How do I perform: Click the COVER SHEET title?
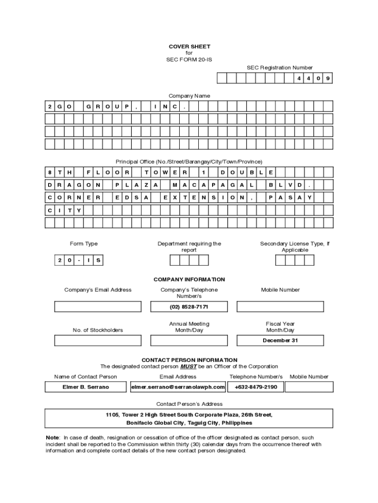[189, 47]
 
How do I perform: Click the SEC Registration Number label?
[279, 67]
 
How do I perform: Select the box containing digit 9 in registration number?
[327, 79]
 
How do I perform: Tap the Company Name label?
[189, 96]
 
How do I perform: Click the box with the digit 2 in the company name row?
[50, 106]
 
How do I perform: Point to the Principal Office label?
[189, 162]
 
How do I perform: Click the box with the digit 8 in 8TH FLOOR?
[50, 172]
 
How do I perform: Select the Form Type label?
[84, 244]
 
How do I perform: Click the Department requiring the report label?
[189, 247]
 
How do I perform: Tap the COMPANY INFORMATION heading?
[189, 279]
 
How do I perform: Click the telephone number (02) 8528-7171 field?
[189, 307]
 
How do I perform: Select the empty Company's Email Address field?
[98, 307]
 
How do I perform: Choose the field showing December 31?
[280, 340]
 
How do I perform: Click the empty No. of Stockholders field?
[98, 340]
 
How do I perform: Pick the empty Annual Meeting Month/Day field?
[189, 340]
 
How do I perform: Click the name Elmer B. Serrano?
[85, 387]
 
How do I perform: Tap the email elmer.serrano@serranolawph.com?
[178, 387]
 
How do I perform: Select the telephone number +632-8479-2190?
[255, 387]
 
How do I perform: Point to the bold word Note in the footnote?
[52, 438]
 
